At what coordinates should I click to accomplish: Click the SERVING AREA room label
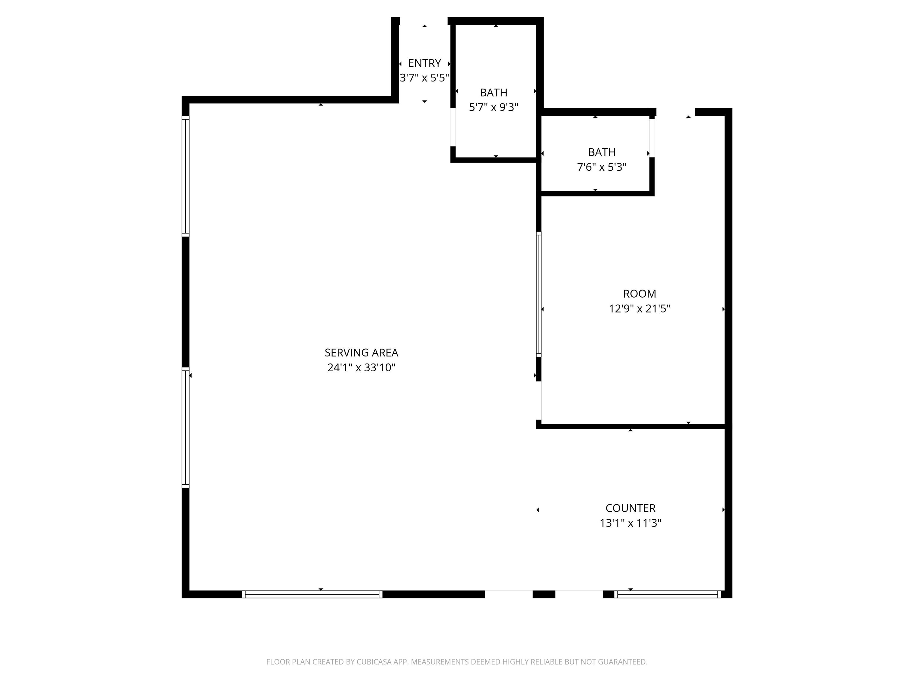click(x=361, y=353)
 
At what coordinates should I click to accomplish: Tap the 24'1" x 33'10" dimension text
click(x=361, y=367)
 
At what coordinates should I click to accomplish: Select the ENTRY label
click(x=424, y=63)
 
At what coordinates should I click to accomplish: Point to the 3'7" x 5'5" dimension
click(x=424, y=78)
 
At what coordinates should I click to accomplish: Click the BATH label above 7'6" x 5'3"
click(x=602, y=152)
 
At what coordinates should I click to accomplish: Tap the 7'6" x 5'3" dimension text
click(x=602, y=167)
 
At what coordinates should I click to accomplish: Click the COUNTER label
click(x=630, y=508)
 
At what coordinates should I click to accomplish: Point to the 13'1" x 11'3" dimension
click(x=630, y=523)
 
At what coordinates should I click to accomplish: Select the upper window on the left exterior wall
click(x=186, y=176)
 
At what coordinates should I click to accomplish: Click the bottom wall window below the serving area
click(x=312, y=594)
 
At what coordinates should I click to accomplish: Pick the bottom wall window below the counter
click(x=667, y=594)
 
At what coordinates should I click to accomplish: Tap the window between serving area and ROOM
click(x=539, y=294)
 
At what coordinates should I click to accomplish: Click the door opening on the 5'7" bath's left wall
click(x=453, y=127)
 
